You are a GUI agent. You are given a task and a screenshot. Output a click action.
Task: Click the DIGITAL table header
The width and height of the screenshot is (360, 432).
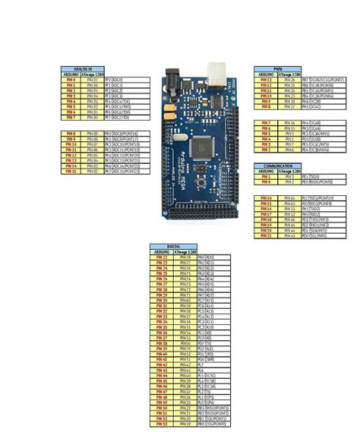175,247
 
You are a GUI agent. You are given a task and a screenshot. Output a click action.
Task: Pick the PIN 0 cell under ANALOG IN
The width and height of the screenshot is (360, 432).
71,79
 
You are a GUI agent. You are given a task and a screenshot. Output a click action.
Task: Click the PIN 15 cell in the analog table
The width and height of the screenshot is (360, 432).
71,172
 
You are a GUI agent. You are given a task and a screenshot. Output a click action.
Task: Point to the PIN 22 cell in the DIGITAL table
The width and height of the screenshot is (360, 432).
162,257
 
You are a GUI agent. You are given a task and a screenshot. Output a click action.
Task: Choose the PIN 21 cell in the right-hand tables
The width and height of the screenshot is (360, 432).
266,235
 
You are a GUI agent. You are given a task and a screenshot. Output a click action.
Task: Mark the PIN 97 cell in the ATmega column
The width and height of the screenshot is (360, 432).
92,79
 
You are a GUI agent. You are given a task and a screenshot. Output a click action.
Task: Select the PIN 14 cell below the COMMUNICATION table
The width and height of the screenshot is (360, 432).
266,197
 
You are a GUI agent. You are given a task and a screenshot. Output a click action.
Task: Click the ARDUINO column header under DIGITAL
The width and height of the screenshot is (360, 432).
162,252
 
